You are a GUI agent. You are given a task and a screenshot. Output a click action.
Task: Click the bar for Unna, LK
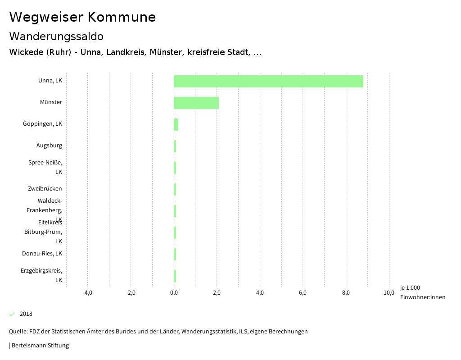[x=268, y=81]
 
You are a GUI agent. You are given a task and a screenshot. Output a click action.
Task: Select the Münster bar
[x=196, y=103]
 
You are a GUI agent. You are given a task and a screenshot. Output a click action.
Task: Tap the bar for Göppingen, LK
[x=176, y=124]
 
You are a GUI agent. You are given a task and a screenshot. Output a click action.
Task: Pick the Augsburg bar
[x=175, y=146]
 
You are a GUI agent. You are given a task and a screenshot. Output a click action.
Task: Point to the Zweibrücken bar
[x=175, y=189]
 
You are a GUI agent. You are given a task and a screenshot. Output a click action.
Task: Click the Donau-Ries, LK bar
[x=175, y=254]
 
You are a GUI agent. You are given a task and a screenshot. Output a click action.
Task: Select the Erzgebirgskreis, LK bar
[x=175, y=276]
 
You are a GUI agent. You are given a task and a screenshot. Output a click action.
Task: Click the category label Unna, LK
[x=50, y=81]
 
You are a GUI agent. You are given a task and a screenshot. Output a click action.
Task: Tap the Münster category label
[x=51, y=102]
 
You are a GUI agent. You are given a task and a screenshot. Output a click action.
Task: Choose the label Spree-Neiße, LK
[x=45, y=167]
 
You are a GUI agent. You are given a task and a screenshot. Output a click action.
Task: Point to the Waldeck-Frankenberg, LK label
[x=44, y=210]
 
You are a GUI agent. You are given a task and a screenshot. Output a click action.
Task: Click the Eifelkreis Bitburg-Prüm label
[x=43, y=232]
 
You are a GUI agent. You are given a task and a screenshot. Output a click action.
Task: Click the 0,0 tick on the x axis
[x=174, y=293]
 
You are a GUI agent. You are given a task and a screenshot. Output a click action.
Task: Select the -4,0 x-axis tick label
[x=87, y=293]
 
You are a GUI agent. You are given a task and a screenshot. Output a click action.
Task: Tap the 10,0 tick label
[x=389, y=293]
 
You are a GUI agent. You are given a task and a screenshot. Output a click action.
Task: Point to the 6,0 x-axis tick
[x=303, y=293]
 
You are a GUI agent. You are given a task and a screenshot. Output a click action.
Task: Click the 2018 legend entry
[x=26, y=314]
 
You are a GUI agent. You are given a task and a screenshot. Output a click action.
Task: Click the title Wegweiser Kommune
[x=82, y=17]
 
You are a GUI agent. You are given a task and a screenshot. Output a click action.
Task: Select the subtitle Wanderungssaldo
[x=56, y=36]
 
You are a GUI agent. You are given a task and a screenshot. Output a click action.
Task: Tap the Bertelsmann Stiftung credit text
[x=40, y=346]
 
